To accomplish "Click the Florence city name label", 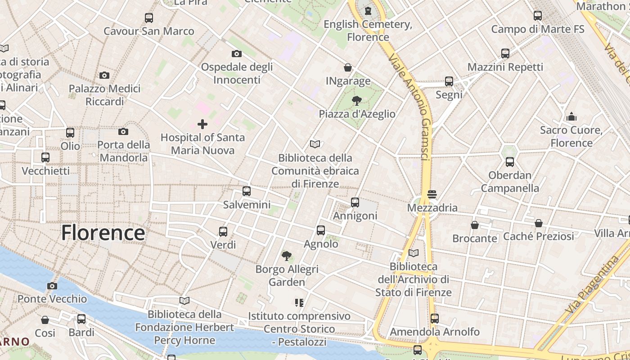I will point(103,233).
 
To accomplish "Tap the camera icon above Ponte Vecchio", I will point(52,286).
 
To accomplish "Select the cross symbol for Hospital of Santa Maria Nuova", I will point(202,124).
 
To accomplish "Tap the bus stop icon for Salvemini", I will point(247,191).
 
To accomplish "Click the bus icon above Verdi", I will point(223,232).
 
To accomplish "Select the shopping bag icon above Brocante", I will point(475,225).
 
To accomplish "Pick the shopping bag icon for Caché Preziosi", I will point(539,223).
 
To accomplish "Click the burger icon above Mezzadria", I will point(432,194).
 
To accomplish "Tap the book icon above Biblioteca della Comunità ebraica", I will point(315,144).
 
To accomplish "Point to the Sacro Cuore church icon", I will point(571,117).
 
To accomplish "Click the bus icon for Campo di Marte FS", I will point(538,16).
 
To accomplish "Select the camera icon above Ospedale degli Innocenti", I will point(237,54).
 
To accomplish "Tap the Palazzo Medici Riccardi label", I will point(104,95).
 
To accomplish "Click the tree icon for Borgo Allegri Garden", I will point(287,256).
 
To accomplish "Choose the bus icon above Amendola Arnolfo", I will point(435,319).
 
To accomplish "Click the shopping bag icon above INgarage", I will point(348,68).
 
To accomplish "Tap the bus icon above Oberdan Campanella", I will point(510,162).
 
